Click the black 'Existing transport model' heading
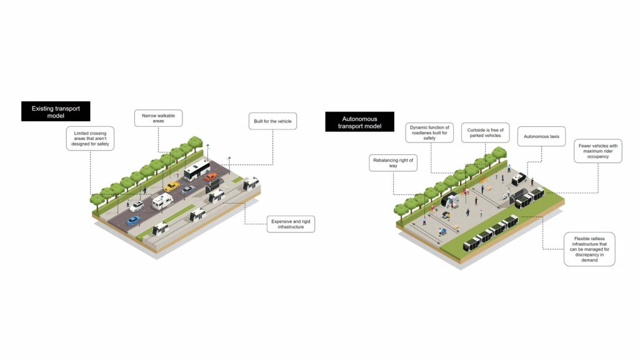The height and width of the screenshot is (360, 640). (56, 111)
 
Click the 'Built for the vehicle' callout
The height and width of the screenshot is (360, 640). (272, 121)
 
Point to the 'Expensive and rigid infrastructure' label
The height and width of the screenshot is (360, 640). (287, 224)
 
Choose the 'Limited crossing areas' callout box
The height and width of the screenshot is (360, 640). (91, 138)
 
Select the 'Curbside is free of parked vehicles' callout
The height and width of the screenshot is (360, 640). (486, 132)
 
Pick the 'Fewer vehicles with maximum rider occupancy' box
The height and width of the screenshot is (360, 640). (597, 151)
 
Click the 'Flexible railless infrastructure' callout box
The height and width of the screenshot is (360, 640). (589, 249)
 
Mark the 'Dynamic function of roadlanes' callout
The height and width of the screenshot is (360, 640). (429, 132)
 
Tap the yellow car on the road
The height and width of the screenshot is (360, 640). (172, 186)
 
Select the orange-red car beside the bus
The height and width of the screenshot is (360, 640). (211, 177)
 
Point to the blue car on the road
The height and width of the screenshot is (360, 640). (133, 220)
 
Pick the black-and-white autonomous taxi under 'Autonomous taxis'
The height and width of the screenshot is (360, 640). (518, 179)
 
